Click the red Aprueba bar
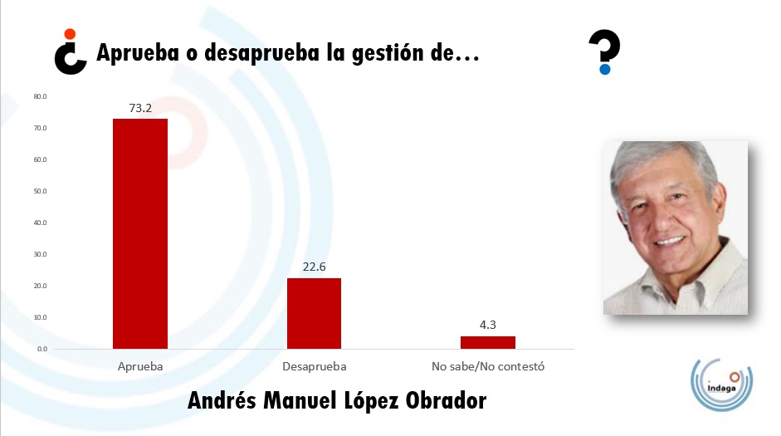pyautogui.click(x=140, y=233)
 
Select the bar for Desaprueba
pyautogui.click(x=314, y=313)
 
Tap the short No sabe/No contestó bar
pyautogui.click(x=488, y=342)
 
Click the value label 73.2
pyautogui.click(x=140, y=108)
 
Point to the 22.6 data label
pyautogui.click(x=314, y=267)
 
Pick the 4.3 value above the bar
pyautogui.click(x=488, y=325)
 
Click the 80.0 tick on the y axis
pyautogui.click(x=40, y=96)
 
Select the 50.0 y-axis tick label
pyautogui.click(x=40, y=191)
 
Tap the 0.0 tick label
pyautogui.click(x=41, y=349)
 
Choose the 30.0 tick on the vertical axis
pyautogui.click(x=40, y=254)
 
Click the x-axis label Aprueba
pyautogui.click(x=140, y=366)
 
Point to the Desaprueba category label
pyautogui.click(x=314, y=366)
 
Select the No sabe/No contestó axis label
pyautogui.click(x=488, y=366)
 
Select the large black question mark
pyautogui.click(x=604, y=51)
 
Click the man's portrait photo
pyautogui.click(x=675, y=228)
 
